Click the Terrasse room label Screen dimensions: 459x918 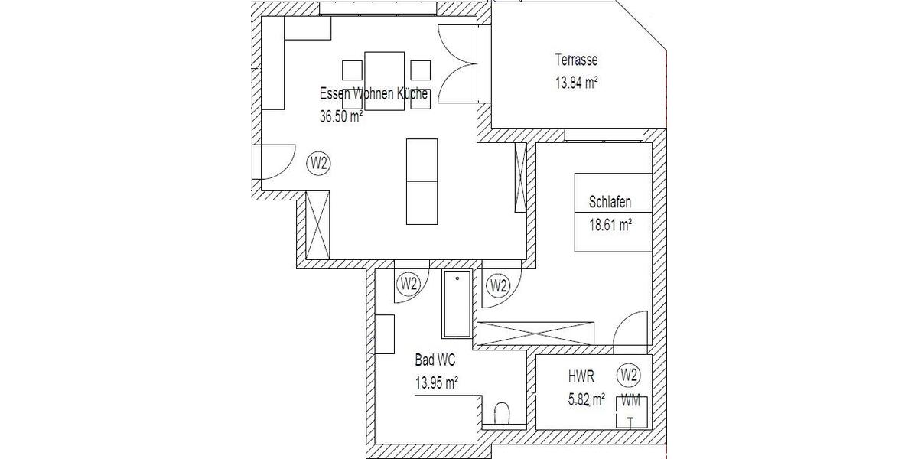point(577,60)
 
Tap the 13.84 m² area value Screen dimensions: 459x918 point(575,83)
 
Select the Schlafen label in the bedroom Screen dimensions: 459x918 point(610,203)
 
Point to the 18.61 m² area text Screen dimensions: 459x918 point(610,225)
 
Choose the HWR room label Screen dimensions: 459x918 point(580,376)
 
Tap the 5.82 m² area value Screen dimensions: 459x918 point(585,399)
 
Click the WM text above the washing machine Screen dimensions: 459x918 point(632,399)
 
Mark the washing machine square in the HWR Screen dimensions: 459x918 point(632,413)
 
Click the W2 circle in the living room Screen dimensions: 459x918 point(319,163)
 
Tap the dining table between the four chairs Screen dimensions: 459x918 point(384,80)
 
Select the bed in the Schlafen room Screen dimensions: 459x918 point(614,213)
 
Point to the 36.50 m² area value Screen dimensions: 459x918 point(341,117)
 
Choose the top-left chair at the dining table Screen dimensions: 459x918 point(352,70)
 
